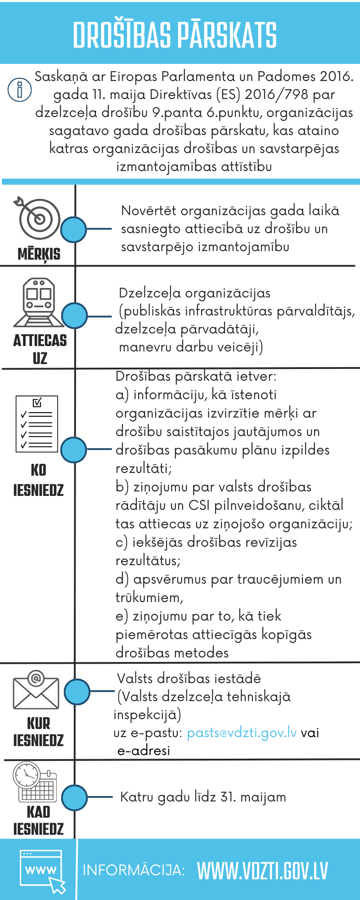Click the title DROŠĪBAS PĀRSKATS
(175, 35)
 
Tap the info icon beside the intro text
(19, 89)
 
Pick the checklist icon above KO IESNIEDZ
(37, 423)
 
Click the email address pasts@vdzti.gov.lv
(242, 733)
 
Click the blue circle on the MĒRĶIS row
(73, 229)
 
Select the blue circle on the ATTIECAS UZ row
(74, 315)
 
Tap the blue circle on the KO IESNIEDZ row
(73, 449)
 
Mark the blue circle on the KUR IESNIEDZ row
(77, 692)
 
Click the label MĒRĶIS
(39, 254)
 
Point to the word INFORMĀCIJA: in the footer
(134, 870)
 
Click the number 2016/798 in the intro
(277, 94)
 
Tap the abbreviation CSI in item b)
(199, 505)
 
